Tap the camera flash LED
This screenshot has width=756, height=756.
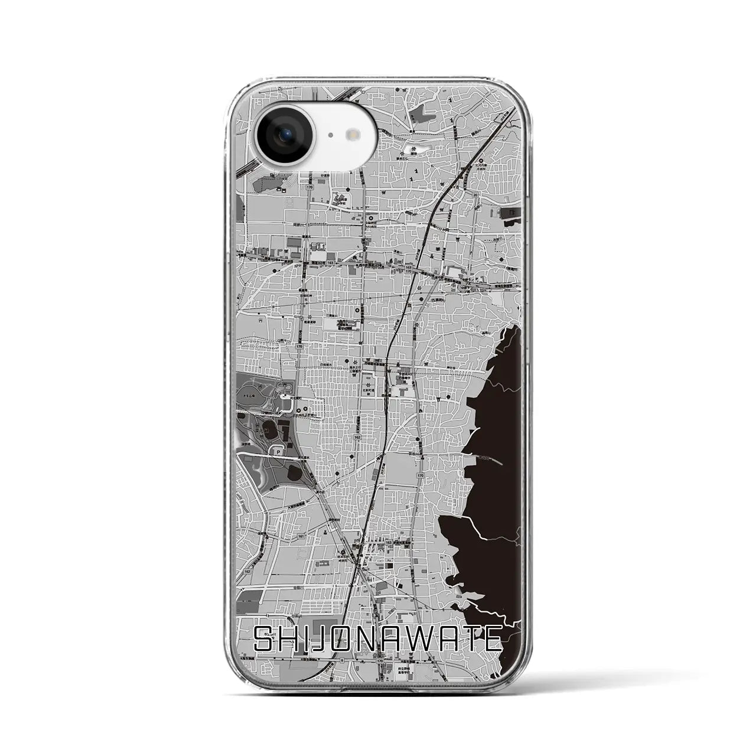(x=354, y=135)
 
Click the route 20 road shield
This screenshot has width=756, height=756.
(x=474, y=194)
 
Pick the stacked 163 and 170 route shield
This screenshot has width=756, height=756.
(x=409, y=269)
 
